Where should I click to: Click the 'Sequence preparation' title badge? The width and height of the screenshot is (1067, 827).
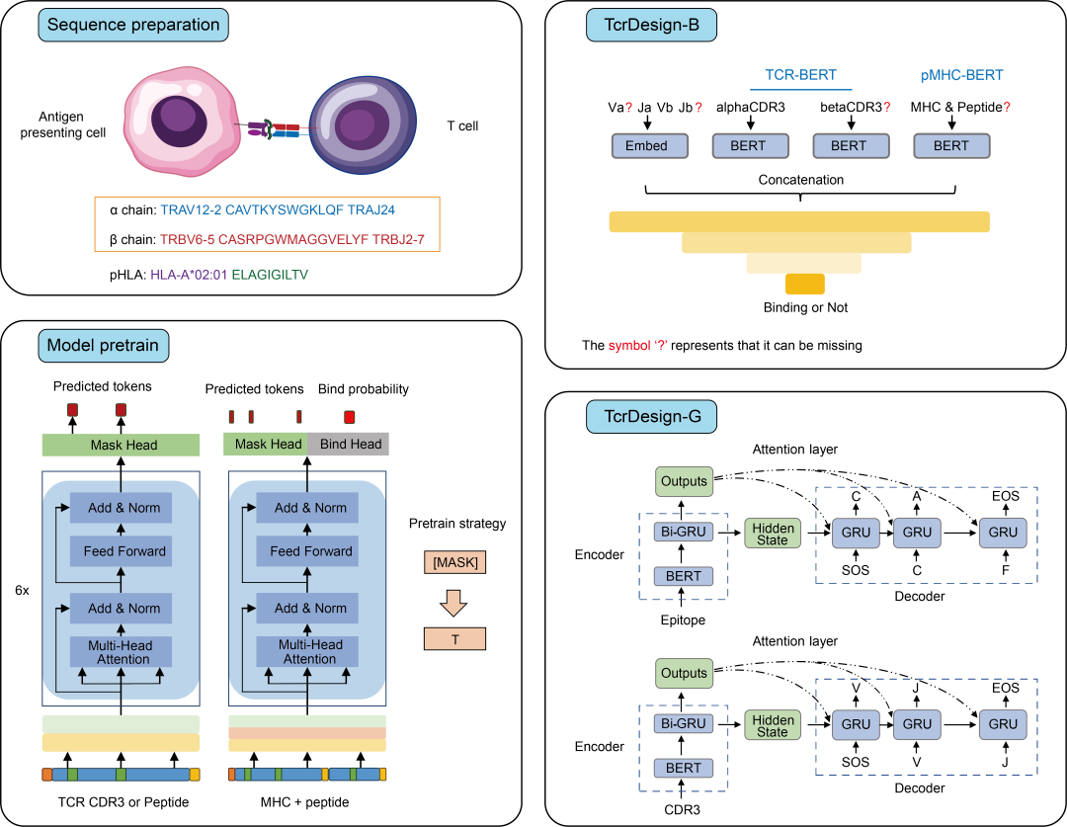coord(133,25)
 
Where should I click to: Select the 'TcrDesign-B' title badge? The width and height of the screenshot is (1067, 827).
coord(651,25)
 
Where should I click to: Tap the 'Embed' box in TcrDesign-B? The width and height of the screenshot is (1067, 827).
coord(649,145)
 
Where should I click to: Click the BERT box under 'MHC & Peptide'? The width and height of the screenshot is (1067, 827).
coord(951,145)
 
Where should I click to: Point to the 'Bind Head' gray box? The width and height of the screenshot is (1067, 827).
coord(349,444)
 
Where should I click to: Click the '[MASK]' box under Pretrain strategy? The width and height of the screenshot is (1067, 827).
coord(455,562)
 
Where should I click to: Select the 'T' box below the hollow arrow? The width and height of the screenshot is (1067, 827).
coord(455,639)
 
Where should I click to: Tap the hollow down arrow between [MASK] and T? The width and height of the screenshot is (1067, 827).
coord(453,602)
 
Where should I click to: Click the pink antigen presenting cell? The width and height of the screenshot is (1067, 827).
coord(181,122)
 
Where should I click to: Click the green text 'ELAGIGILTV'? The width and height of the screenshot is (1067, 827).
coord(270,275)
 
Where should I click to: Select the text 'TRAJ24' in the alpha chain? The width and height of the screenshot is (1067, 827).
coord(371,209)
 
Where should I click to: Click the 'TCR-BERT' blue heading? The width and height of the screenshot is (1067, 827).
coord(801,75)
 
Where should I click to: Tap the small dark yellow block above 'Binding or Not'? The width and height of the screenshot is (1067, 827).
coord(805,284)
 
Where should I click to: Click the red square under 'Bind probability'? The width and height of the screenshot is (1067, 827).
coord(349,417)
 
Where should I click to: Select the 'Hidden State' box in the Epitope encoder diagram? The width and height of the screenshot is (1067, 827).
coord(773,534)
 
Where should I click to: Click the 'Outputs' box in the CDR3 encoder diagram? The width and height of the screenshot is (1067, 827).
coord(684,673)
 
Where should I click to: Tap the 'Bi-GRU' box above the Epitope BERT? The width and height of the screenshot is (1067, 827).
coord(684,532)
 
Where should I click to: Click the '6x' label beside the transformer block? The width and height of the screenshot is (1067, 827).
coord(22,590)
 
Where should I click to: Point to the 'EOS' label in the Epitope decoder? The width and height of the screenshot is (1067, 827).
coord(1005,496)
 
